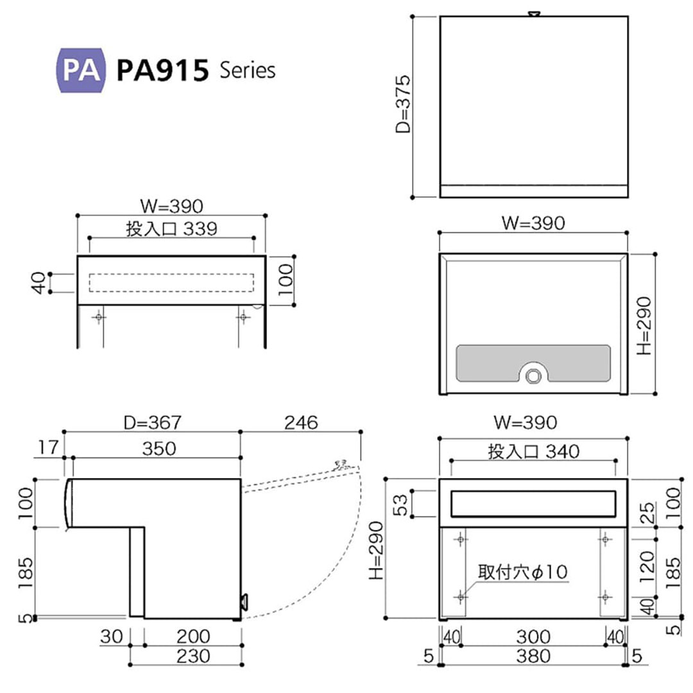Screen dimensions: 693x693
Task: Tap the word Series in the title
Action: point(247,70)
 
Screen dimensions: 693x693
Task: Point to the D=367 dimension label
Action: point(153,422)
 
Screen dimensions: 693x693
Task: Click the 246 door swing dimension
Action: point(301,422)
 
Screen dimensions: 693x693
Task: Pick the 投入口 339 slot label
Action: point(171,228)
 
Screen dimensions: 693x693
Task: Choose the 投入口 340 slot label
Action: point(533,452)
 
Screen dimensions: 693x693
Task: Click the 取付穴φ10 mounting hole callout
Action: point(522,571)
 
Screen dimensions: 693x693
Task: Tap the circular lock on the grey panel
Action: point(532,375)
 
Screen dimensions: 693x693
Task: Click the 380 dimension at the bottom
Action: point(533,656)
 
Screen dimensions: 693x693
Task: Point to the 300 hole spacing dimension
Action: point(533,636)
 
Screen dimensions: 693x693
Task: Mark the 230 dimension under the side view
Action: point(185,656)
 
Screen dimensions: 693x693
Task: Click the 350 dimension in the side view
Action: point(158,448)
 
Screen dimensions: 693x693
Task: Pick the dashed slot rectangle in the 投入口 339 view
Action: point(171,283)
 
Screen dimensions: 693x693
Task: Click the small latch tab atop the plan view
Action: point(533,13)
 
